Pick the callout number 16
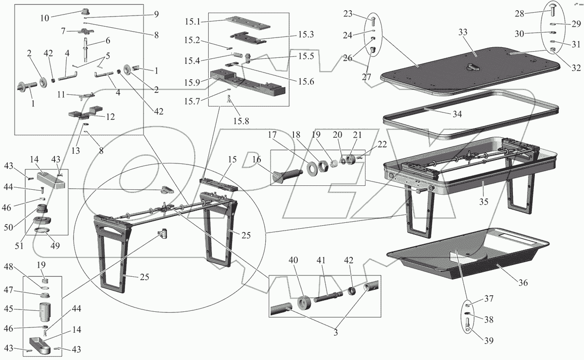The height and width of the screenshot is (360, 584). click(257, 159)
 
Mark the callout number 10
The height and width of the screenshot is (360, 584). click(44, 18)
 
